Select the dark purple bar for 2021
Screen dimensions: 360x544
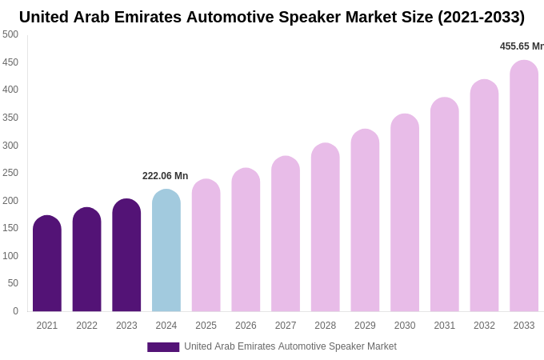click(x=47, y=263)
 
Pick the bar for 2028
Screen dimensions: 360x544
click(x=325, y=227)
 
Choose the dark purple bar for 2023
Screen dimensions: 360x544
click(x=126, y=255)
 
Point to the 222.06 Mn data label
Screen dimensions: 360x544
click(x=165, y=176)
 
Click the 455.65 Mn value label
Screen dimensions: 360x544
click(x=522, y=46)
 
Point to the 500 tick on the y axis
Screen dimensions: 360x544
click(x=10, y=34)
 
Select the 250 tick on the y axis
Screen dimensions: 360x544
click(x=10, y=173)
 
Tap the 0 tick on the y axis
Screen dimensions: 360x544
click(x=15, y=311)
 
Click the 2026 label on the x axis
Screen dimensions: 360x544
click(x=246, y=326)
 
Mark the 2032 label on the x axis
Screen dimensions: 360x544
click(x=484, y=326)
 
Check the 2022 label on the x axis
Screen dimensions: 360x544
click(x=86, y=326)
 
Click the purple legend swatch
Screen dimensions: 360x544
click(x=163, y=347)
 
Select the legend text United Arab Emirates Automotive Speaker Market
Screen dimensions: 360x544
click(x=290, y=346)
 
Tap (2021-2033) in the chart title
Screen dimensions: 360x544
click(x=481, y=17)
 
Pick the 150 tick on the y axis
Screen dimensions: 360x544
click(x=10, y=228)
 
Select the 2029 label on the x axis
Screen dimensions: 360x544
click(x=365, y=326)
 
